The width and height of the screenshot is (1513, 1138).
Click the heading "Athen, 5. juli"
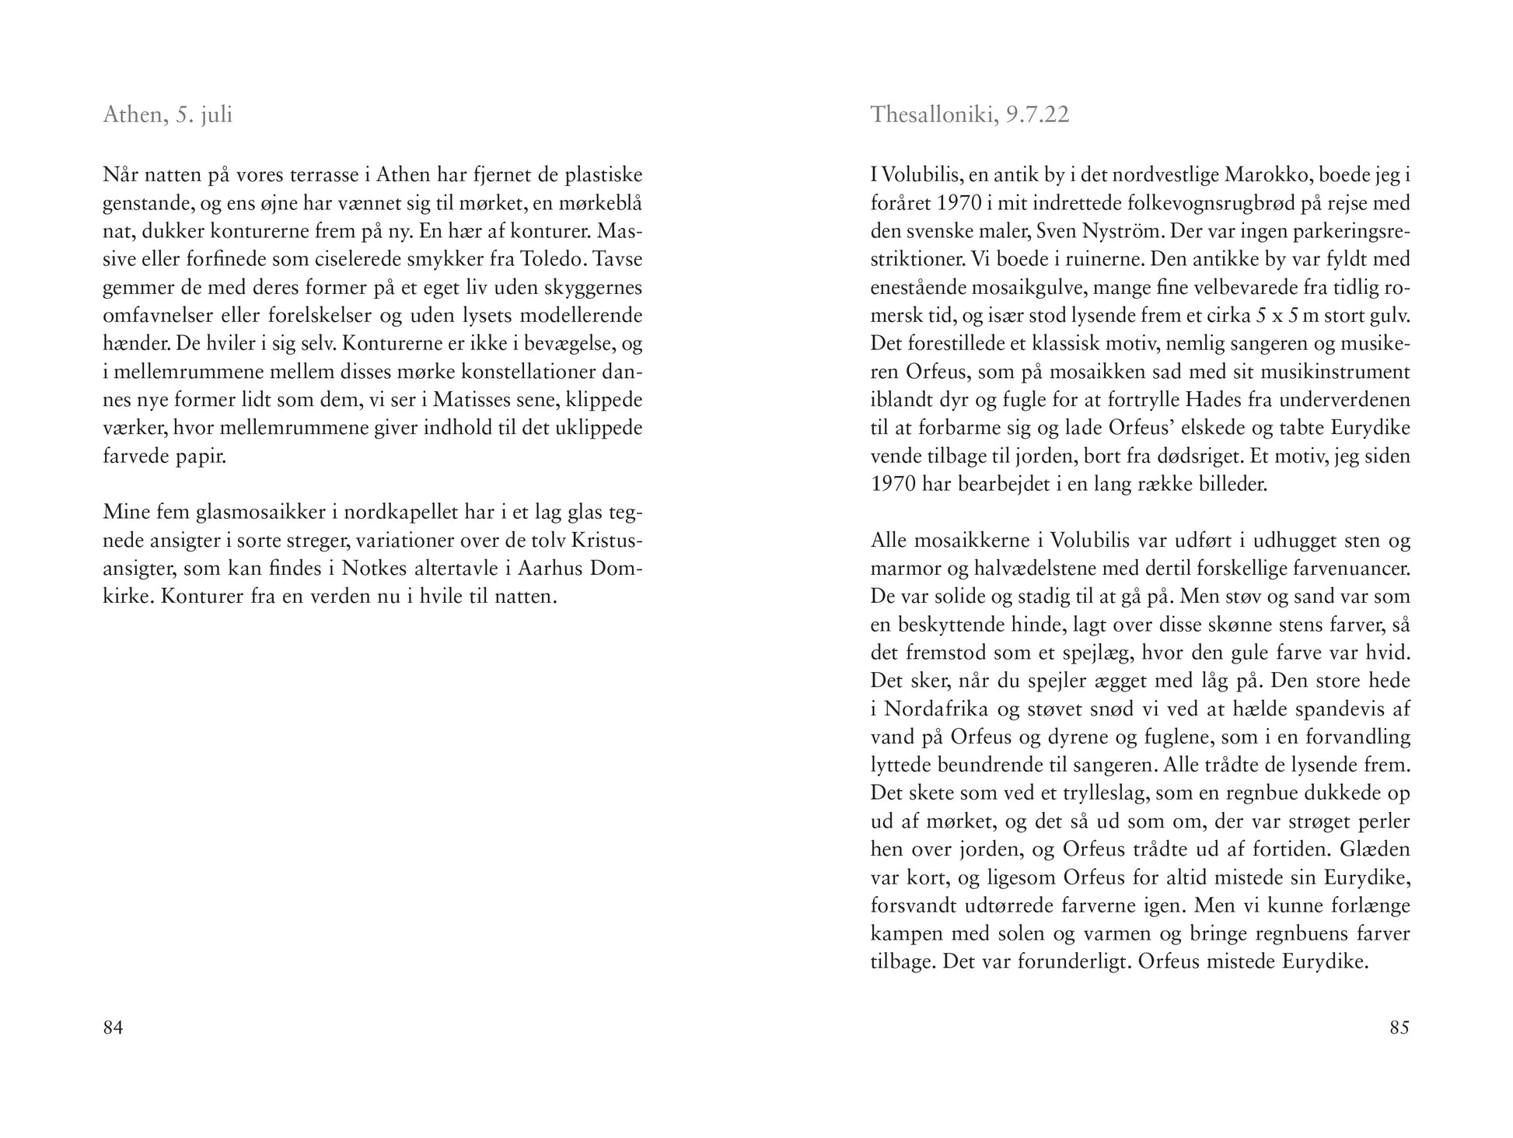tap(167, 115)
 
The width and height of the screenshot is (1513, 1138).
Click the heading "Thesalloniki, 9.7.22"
tap(970, 115)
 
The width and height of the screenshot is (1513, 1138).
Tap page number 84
tap(113, 1028)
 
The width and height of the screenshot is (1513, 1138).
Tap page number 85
tap(1399, 1028)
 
